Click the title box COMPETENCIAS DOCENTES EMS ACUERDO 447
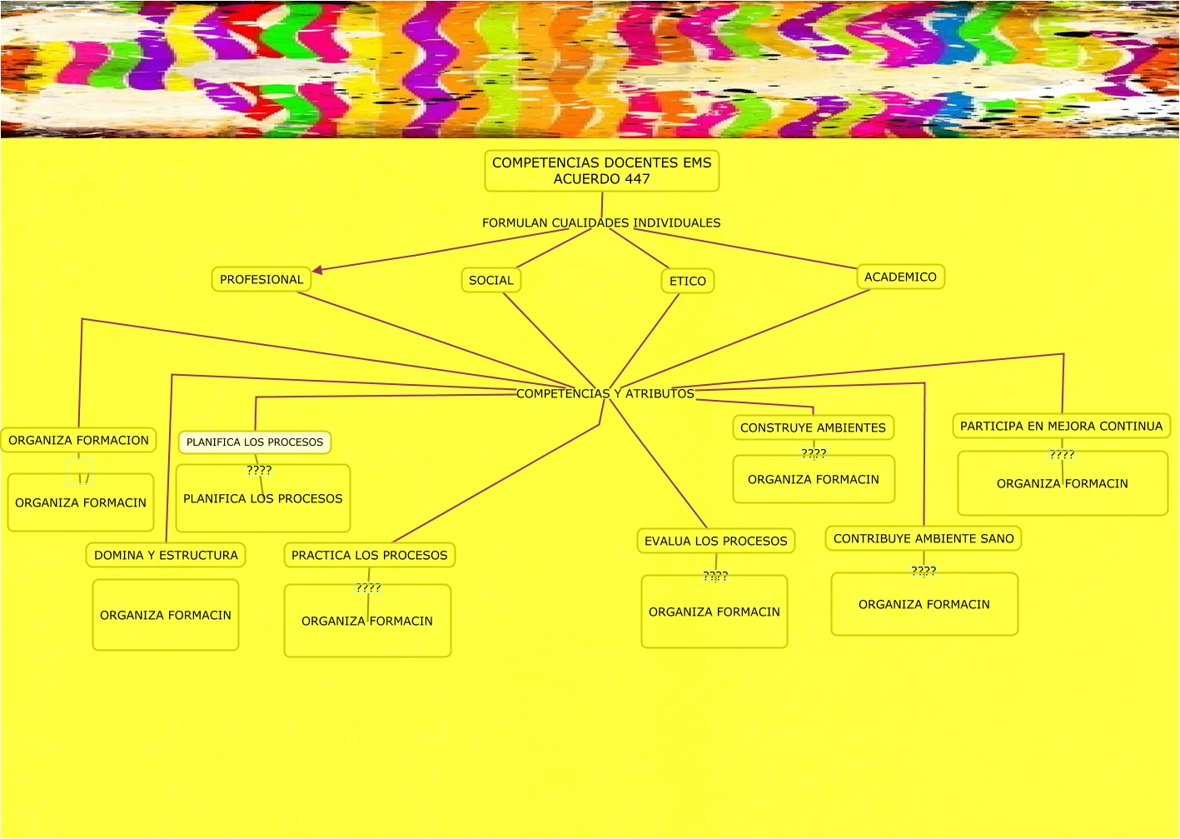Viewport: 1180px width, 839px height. pos(601,171)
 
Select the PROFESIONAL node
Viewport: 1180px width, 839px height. pos(261,280)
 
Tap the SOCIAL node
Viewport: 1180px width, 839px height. pos(491,281)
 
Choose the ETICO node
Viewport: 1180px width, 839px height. pos(688,282)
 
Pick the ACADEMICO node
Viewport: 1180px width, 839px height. pos(900,277)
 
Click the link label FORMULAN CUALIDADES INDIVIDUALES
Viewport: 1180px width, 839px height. pos(601,223)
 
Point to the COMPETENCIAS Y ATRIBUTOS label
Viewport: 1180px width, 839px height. pos(605,394)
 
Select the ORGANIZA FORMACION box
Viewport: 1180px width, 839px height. pos(78,441)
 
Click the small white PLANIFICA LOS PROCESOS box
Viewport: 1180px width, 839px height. pos(255,442)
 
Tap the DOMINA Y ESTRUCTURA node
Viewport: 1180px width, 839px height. pos(166,556)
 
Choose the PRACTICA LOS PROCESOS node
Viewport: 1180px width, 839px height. pos(370,556)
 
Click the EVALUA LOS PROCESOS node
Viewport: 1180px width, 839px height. pos(716,542)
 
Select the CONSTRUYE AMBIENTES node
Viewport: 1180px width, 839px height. pos(813,428)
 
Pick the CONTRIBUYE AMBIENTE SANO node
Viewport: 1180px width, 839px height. pos(924,539)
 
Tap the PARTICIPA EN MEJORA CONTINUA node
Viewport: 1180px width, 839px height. pos(1061,427)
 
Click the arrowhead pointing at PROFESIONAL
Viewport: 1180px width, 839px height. pos(318,269)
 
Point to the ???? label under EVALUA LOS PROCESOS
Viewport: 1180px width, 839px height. pos(715,576)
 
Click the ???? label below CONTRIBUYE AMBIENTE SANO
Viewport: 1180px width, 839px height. pos(924,571)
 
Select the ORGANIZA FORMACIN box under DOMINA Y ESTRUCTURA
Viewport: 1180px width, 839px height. pos(166,616)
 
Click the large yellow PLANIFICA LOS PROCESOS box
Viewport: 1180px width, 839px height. pos(263,499)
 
